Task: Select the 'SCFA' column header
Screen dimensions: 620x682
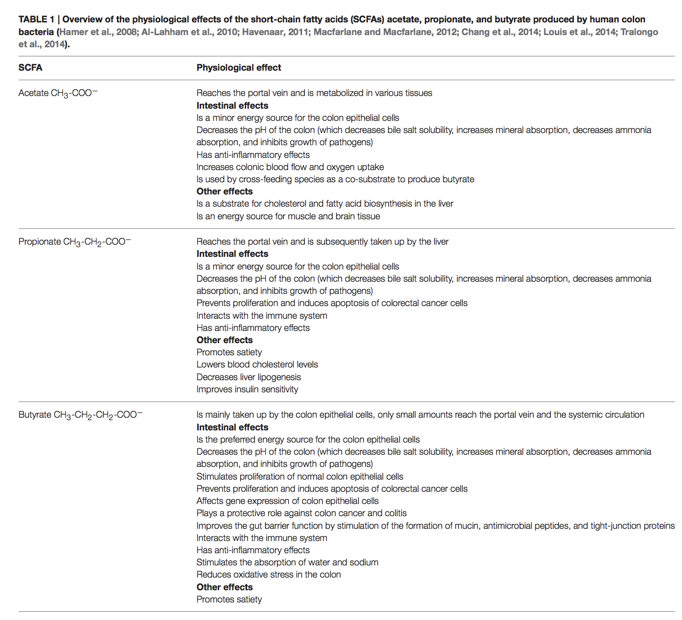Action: click(30, 68)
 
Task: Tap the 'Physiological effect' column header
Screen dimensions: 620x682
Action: click(239, 68)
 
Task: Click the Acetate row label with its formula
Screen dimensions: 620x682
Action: click(58, 93)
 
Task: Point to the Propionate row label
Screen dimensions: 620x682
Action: click(75, 242)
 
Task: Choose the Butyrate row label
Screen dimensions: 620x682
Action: click(80, 415)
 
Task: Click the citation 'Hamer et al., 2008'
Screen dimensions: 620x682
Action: click(98, 32)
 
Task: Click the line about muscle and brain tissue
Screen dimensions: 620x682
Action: click(288, 216)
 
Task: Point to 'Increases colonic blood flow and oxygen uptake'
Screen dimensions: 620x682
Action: click(290, 167)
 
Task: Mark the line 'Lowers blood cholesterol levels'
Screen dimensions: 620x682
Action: click(257, 365)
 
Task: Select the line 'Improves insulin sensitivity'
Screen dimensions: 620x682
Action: click(247, 389)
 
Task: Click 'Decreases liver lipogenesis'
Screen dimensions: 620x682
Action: click(248, 377)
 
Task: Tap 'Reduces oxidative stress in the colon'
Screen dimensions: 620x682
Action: click(268, 575)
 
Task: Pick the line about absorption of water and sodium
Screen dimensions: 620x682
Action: click(287, 562)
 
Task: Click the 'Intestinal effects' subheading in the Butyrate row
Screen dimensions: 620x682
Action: click(232, 427)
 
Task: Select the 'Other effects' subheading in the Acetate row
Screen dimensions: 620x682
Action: click(225, 192)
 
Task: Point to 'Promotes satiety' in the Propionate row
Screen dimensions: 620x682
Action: click(229, 352)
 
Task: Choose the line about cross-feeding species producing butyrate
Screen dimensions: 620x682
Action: click(335, 179)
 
